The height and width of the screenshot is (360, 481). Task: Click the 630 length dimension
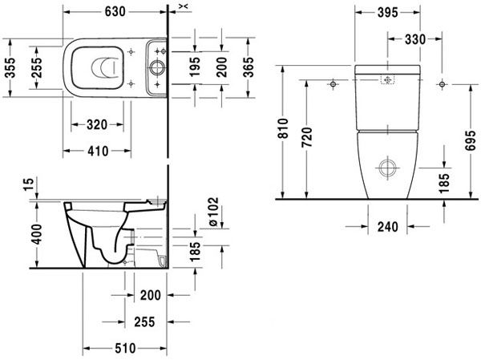tap(115, 12)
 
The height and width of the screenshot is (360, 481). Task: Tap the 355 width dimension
tap(10, 68)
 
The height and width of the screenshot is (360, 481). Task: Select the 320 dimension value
tap(97, 125)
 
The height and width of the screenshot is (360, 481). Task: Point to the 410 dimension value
tap(98, 151)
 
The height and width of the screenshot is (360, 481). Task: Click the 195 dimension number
tap(194, 67)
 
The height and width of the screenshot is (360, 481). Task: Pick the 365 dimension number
tap(248, 67)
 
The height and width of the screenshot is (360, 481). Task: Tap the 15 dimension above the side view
tap(28, 184)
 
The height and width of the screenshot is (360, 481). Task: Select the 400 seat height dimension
tap(37, 234)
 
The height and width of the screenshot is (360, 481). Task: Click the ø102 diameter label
tap(213, 212)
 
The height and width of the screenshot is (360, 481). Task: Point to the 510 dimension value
tap(125, 348)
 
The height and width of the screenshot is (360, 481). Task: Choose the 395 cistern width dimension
tap(388, 12)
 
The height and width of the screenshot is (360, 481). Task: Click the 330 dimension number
tap(415, 39)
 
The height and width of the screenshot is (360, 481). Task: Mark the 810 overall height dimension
tap(282, 128)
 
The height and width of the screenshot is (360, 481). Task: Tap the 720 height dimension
tap(306, 137)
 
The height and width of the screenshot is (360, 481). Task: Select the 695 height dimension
tap(470, 140)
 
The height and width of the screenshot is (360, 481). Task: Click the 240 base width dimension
tap(388, 227)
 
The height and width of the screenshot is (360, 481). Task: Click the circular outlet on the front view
tap(387, 168)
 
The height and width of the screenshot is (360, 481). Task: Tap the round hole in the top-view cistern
tap(157, 67)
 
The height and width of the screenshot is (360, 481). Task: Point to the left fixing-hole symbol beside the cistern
tap(333, 83)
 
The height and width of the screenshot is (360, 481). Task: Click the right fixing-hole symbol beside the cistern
tap(442, 83)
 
